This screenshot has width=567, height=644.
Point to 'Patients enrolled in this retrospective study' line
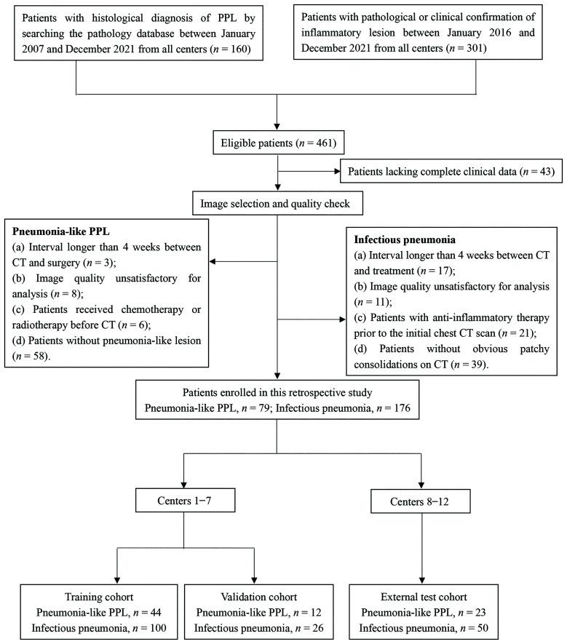coord(277,394)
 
